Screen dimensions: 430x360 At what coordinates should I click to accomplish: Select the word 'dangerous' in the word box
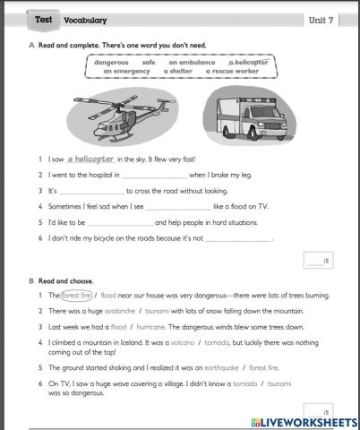tap(112, 62)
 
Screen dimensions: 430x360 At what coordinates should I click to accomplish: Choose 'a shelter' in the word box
tap(180, 71)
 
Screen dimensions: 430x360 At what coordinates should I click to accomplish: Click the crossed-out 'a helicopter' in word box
tap(248, 62)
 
